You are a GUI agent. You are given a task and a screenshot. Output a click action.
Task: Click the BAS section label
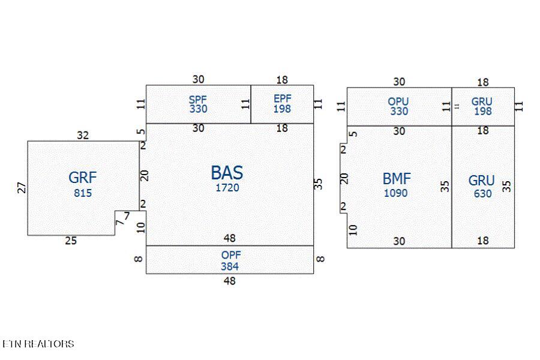click(x=227, y=173)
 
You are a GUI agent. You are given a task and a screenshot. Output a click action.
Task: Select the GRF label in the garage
click(x=83, y=178)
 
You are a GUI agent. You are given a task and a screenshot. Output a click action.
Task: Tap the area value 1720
click(x=227, y=188)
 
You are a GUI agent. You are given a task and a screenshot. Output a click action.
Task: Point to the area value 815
click(x=83, y=193)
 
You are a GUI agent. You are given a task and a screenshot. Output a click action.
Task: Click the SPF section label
click(x=197, y=100)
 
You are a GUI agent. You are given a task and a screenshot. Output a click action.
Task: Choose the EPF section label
click(x=283, y=99)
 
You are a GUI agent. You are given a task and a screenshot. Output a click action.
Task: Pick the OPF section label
click(x=231, y=255)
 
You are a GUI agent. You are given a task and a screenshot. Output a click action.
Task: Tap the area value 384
click(x=230, y=266)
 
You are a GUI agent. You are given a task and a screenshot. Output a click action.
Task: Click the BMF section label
click(x=397, y=179)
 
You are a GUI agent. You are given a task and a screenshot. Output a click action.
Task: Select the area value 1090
click(x=396, y=193)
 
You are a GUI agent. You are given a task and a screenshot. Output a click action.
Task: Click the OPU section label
click(x=398, y=101)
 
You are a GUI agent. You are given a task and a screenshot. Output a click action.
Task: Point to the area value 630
click(x=482, y=194)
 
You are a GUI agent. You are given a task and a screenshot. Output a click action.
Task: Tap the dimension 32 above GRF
click(x=83, y=136)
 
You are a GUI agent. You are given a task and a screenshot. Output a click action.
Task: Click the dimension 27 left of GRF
click(x=22, y=188)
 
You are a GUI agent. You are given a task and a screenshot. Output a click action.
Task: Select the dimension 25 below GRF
click(x=71, y=241)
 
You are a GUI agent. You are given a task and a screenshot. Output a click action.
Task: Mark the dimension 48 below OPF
click(x=230, y=281)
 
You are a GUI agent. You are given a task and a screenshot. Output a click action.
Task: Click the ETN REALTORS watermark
click(x=38, y=344)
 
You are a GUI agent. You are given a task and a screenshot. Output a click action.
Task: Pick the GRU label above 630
click(x=481, y=181)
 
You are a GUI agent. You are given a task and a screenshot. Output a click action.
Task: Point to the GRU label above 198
click(x=482, y=101)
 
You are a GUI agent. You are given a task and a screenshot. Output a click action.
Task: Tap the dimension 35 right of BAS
click(x=319, y=184)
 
